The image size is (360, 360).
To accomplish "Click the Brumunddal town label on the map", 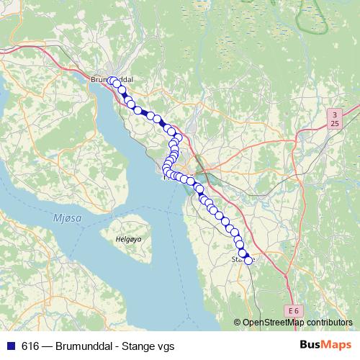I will point(113,79).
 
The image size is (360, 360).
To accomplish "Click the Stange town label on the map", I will point(243,258).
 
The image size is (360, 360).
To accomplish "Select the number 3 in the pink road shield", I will point(335,114).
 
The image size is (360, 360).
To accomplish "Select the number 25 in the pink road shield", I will point(335,124).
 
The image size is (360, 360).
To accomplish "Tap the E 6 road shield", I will point(292,310).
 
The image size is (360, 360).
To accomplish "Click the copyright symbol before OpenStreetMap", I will point(238,323).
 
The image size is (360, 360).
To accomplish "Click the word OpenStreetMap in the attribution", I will point(274,323).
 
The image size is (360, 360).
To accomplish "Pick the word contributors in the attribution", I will point(329,323).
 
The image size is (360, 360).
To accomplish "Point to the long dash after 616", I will point(48,346).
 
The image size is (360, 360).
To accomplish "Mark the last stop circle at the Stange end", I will point(248,261).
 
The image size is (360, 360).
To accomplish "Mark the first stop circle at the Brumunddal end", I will point(112,81).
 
